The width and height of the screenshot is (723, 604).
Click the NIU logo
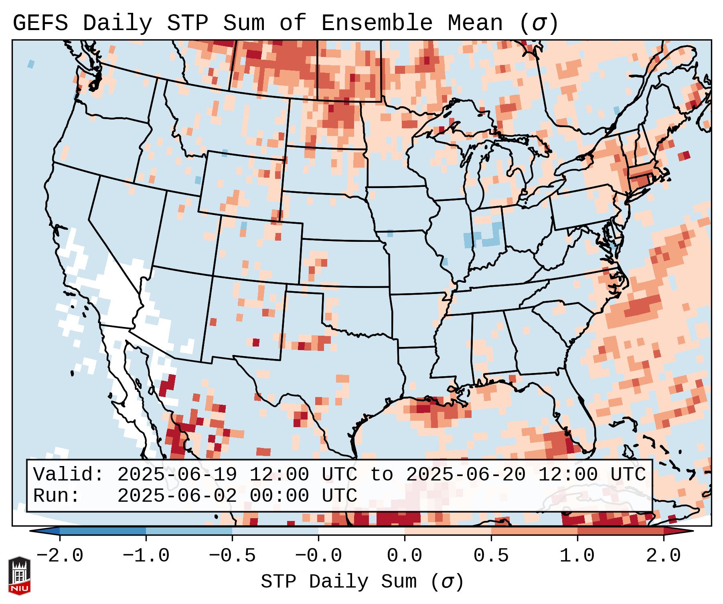coord(19,576)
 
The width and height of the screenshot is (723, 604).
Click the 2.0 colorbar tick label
coord(663,556)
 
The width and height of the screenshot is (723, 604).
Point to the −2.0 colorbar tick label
coord(60,556)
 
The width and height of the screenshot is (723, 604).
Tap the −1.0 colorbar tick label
coord(146,556)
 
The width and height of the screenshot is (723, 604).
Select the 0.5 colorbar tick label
coord(491,556)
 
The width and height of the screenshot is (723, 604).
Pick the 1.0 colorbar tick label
coord(577,556)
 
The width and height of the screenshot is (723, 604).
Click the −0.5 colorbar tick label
coord(232,556)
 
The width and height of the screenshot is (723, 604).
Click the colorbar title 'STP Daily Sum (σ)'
coord(362,582)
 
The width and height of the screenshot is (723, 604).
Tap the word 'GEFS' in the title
coord(41,23)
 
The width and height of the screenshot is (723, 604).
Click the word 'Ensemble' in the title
coord(377,23)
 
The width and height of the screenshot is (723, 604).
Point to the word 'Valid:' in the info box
coord(69,474)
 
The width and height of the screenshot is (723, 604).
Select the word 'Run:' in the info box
coord(57,496)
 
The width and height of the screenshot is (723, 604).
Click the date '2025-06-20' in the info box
coord(466,474)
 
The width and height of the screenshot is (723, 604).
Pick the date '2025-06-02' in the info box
coord(177,496)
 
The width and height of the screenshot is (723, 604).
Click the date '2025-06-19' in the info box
coord(177,474)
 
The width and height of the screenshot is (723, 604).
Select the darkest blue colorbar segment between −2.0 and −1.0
coord(103,531)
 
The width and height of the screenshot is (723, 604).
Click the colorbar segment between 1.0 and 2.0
coord(620,531)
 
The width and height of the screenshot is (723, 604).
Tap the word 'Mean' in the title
coord(475,23)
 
